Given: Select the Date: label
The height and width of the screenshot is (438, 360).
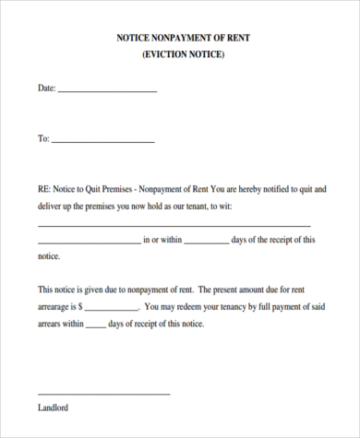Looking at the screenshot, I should click(x=46, y=89).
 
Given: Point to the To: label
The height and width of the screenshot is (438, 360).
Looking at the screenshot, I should click(x=43, y=139).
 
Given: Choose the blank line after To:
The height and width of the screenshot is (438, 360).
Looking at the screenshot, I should click(x=102, y=142).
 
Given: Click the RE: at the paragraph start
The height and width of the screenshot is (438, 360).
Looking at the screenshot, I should click(x=44, y=189).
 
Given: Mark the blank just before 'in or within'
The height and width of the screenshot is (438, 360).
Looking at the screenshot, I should click(x=89, y=243).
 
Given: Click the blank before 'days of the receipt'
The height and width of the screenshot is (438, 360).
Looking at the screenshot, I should click(x=207, y=243).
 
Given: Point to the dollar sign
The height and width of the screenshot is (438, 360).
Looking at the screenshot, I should click(x=82, y=305).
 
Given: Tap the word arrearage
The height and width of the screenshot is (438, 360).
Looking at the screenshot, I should click(x=54, y=305).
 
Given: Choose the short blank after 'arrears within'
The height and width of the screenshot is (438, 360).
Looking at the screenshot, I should click(x=95, y=326).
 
